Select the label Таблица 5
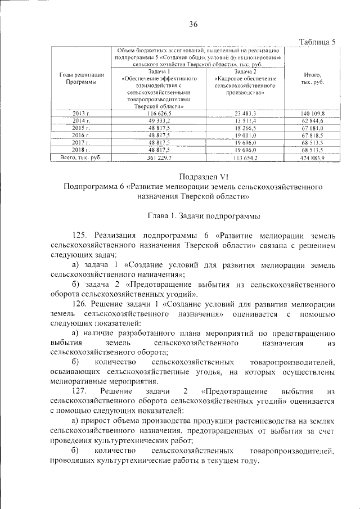317,42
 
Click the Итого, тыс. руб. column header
312,78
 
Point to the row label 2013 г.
82,114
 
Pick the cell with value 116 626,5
159,114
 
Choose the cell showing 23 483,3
245,114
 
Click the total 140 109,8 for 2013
313,114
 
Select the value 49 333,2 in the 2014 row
159,121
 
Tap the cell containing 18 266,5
245,128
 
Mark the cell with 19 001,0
245,136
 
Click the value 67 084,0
313,128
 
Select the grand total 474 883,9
313,159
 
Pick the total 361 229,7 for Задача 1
159,159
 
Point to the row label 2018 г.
82,150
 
